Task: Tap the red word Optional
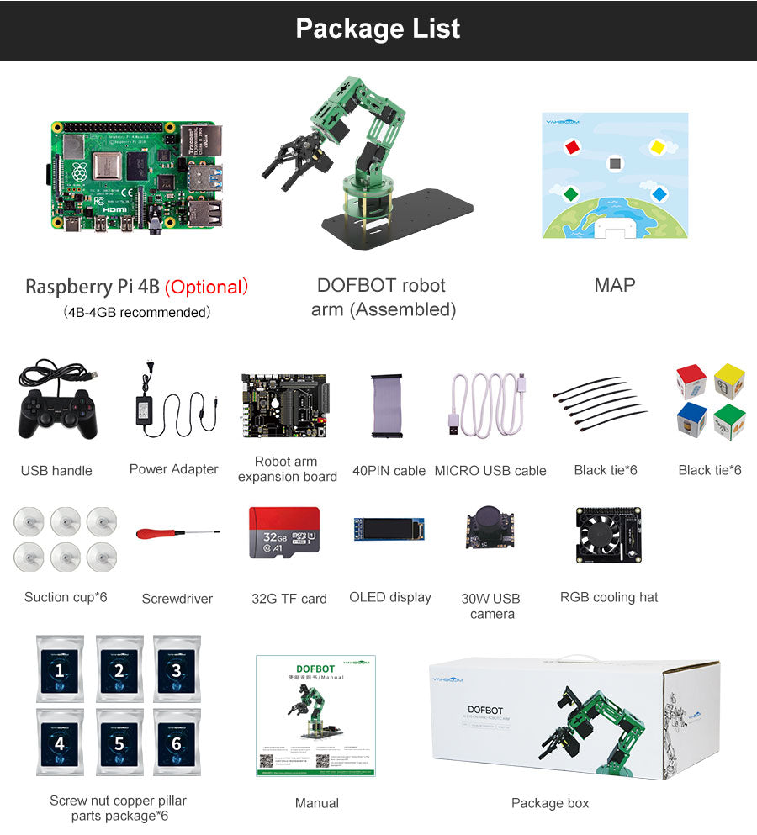click(x=207, y=287)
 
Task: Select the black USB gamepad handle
click(x=56, y=411)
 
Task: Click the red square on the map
click(x=572, y=147)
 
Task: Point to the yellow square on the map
click(x=658, y=147)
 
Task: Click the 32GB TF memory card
click(x=284, y=532)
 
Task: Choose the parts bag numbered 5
click(x=119, y=743)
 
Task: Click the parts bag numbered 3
click(x=176, y=669)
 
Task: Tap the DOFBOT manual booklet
click(x=315, y=716)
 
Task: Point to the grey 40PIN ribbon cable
click(x=389, y=404)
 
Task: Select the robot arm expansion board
click(x=286, y=404)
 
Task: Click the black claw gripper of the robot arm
click(x=291, y=159)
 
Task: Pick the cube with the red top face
click(x=691, y=380)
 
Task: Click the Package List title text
click(x=378, y=29)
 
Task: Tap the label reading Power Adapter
click(x=173, y=469)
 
